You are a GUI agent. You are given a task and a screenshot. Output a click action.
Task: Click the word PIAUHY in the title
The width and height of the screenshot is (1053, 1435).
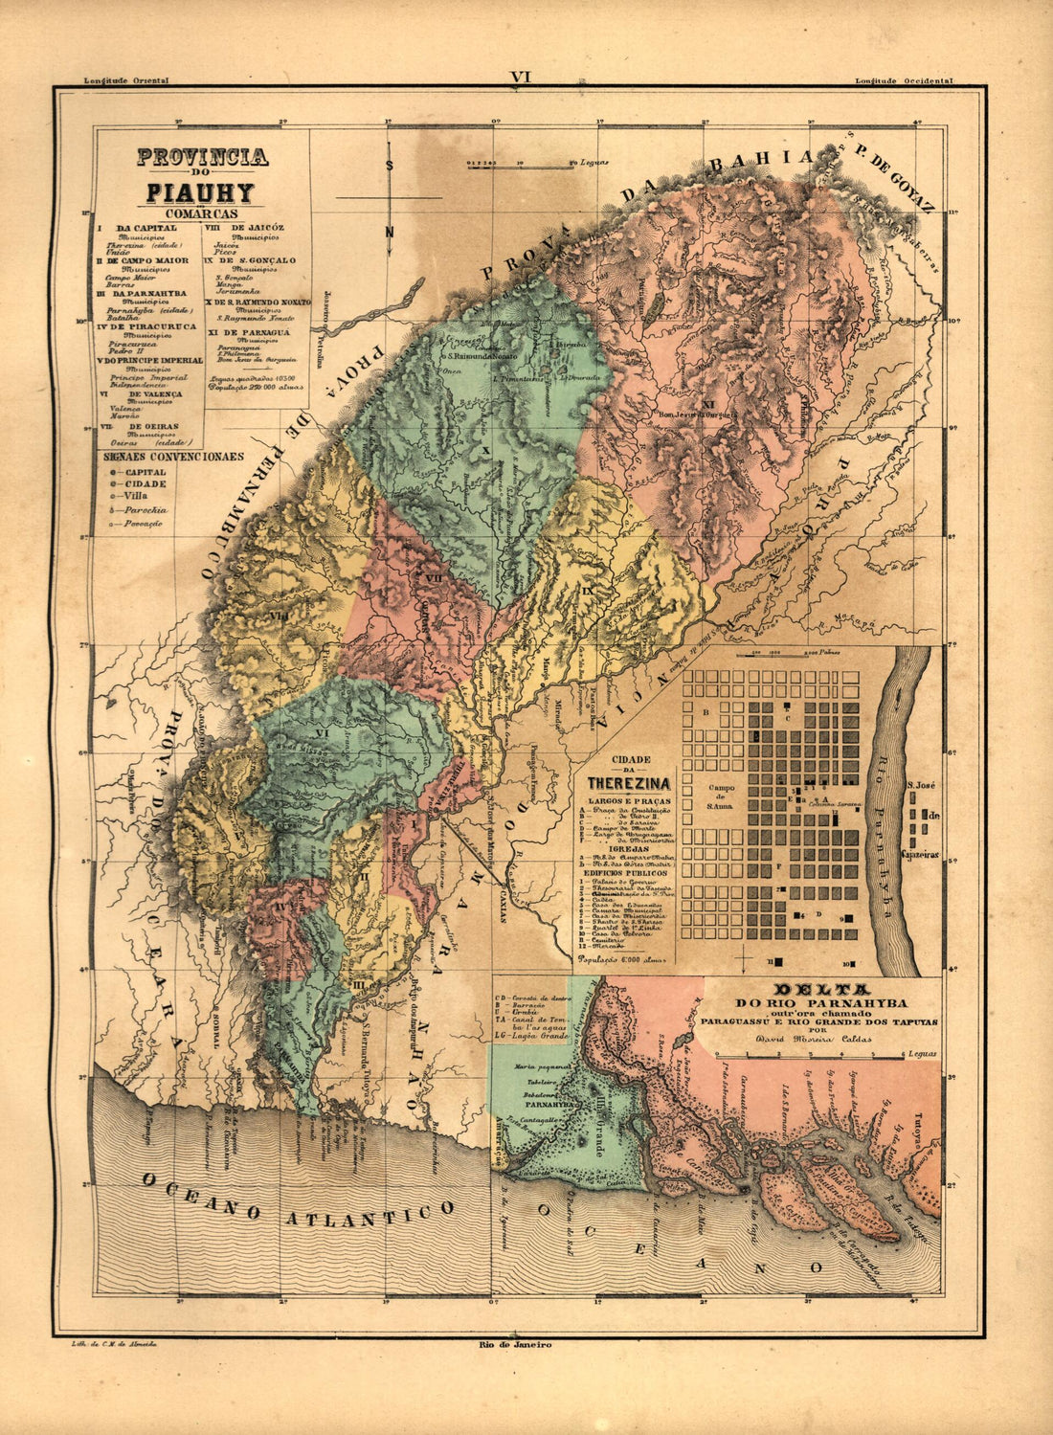200,192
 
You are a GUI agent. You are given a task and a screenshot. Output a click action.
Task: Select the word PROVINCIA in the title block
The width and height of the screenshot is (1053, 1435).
202,157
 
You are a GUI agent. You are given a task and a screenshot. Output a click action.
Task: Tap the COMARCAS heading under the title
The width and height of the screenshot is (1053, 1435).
200,213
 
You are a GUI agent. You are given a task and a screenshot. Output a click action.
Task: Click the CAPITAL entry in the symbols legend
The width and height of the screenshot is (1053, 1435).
143,472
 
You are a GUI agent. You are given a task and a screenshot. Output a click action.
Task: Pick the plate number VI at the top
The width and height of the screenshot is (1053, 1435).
521,77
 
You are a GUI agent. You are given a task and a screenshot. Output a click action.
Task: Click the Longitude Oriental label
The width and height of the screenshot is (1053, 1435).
126,81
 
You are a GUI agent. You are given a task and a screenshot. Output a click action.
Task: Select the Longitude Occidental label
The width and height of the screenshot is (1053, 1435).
904,81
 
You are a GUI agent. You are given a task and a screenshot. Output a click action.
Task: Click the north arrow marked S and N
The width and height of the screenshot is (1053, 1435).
390,196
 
